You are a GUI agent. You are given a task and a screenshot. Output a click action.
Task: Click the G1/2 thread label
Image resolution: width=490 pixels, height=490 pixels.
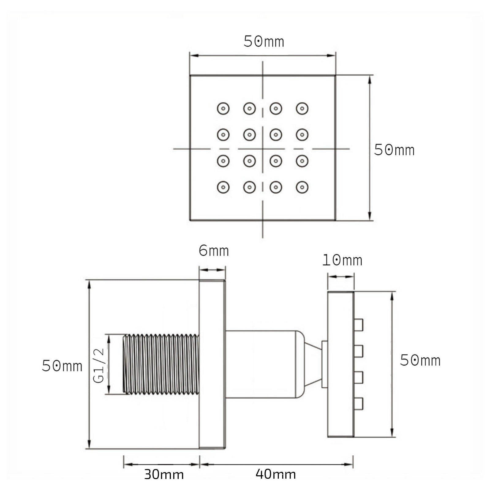coord(99,366)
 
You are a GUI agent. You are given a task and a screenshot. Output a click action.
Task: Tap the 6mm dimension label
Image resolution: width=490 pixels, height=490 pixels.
coord(213,251)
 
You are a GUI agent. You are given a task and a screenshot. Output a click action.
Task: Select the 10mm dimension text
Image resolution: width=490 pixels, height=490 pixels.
coord(342,260)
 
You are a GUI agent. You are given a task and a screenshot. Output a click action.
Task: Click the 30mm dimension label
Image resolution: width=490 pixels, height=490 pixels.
coord(164,474)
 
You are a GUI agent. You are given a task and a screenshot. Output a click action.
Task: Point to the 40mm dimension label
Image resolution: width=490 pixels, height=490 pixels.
coord(276,474)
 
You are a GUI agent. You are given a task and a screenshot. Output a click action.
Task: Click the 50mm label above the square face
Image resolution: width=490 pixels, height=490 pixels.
coord(264,42)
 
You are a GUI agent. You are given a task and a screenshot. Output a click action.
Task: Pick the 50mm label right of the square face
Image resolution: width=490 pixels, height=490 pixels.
coord(394,150)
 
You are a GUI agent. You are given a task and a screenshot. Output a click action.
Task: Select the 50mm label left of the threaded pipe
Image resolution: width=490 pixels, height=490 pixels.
coord(62,366)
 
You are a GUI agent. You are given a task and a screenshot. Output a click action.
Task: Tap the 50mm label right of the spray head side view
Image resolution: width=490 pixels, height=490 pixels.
coord(420,360)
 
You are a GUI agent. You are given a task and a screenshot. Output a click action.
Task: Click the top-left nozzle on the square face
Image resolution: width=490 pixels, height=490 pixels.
coord(223,108)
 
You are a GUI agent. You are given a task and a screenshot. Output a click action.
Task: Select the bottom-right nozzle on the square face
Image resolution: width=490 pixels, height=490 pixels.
coord(302,187)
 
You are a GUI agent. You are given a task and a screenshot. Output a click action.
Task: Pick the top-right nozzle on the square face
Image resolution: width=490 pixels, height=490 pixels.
coord(302,108)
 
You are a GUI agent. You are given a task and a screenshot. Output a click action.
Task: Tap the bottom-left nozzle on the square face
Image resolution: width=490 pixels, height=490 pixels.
coord(223,187)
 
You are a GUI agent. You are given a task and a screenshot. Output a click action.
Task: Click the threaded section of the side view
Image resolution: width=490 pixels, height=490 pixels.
coord(161,364)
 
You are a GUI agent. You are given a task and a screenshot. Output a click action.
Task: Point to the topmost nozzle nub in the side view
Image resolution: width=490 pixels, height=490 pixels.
coord(358,325)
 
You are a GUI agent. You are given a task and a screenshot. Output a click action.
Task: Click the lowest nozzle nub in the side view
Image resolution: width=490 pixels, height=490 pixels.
coord(358,404)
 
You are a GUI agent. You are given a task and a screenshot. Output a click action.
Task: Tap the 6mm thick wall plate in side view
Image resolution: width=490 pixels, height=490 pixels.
coord(212,364)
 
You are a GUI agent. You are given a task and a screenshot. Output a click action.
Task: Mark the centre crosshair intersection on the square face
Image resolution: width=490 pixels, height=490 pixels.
coord(262,149)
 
